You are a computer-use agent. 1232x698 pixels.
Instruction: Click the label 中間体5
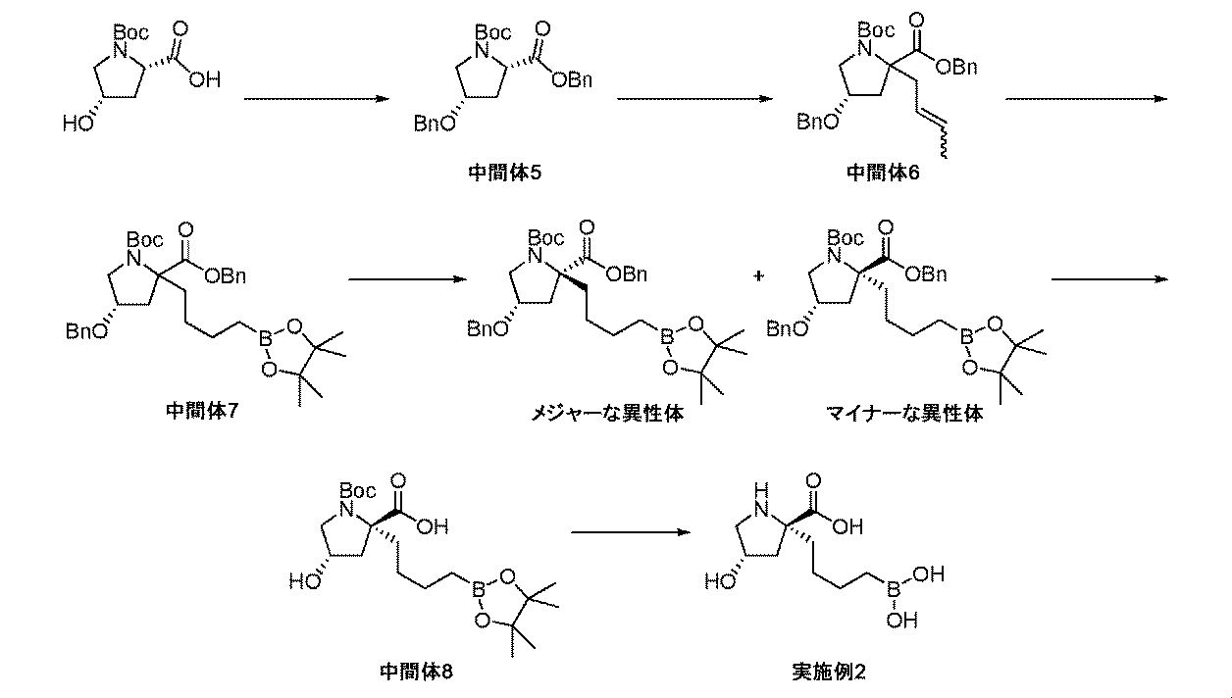[505, 173]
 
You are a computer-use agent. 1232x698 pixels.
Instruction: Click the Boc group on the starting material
[131, 32]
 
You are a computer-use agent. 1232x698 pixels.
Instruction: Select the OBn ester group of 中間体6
[956, 67]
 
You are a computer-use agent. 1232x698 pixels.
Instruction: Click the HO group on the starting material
[78, 125]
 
